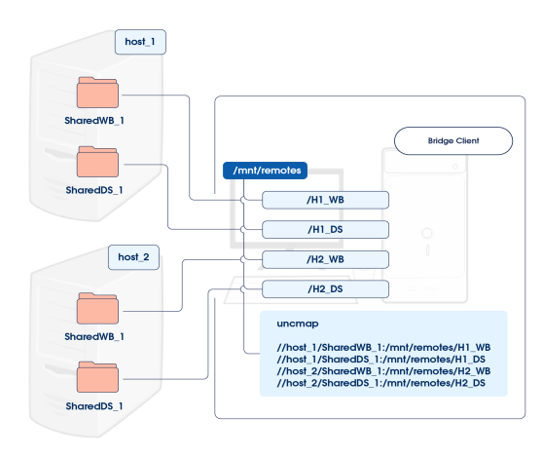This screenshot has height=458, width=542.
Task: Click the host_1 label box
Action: click(x=140, y=42)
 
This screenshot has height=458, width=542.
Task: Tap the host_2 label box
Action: click(x=133, y=257)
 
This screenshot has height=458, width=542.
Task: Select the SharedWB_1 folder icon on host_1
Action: click(x=97, y=93)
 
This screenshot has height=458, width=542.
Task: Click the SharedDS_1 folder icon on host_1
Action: click(x=97, y=162)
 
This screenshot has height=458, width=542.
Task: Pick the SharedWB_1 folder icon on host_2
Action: click(x=97, y=309)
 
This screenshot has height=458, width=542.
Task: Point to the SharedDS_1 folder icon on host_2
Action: click(x=97, y=377)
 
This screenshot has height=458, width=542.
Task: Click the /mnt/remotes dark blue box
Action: click(x=265, y=171)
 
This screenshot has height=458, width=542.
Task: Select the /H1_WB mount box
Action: click(x=326, y=200)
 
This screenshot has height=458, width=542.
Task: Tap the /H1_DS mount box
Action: click(x=326, y=230)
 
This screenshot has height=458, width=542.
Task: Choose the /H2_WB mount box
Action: click(x=326, y=259)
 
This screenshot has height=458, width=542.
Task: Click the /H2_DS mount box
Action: click(x=326, y=289)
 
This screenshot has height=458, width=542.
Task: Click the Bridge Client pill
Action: click(x=453, y=141)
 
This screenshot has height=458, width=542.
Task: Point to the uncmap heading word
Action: click(x=298, y=324)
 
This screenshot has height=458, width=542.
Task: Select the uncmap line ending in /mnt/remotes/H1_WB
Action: click(x=383, y=348)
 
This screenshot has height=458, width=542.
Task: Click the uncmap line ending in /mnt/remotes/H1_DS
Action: click(x=380, y=360)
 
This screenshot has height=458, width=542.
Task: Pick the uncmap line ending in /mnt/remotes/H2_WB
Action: click(x=383, y=371)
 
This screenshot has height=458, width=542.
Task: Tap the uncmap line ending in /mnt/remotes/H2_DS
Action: click(x=380, y=383)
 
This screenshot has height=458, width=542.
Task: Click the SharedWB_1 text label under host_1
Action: click(x=94, y=121)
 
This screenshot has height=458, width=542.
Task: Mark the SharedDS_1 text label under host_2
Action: click(x=94, y=406)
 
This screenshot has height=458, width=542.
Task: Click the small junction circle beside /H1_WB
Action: click(x=243, y=200)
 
